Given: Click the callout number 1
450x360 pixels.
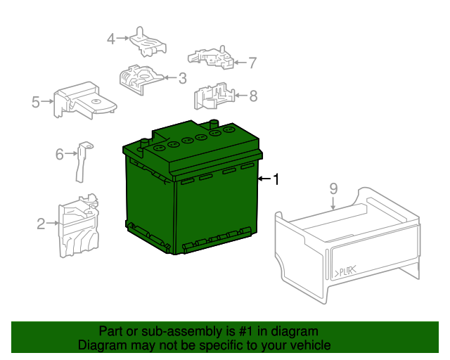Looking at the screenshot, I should (x=276, y=180).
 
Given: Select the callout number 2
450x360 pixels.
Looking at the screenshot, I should (x=41, y=224).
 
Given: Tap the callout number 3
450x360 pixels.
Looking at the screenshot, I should (x=181, y=78).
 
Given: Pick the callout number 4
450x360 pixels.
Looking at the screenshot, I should (x=111, y=39).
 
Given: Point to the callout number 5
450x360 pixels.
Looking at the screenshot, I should (x=36, y=103).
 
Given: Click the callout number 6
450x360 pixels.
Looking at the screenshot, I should (x=60, y=153).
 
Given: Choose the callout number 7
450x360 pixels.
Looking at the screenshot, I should (x=252, y=63).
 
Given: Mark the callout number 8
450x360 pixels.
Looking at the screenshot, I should (x=253, y=95).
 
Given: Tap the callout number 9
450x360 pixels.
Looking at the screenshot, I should (x=333, y=188).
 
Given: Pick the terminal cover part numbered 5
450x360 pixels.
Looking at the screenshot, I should (x=83, y=102).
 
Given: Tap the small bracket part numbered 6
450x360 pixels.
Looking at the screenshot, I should (x=82, y=160).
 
